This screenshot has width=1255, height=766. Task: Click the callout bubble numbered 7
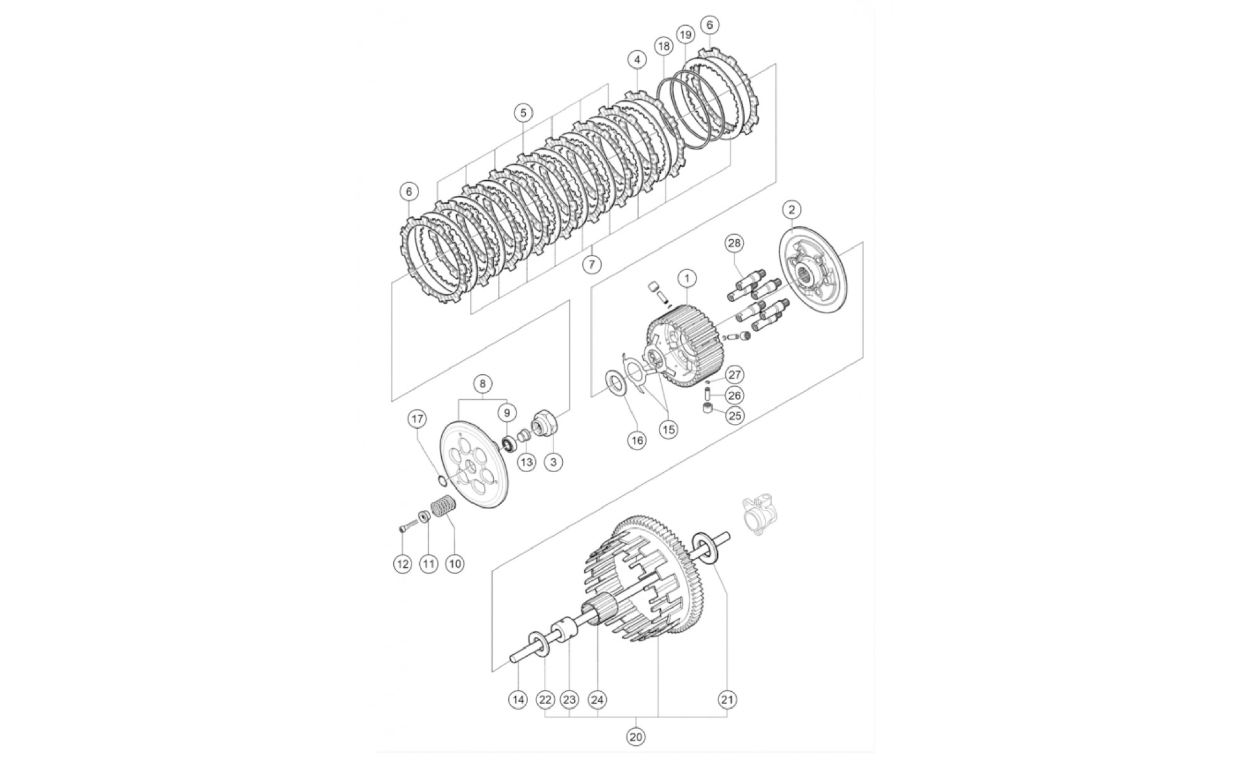[591, 264]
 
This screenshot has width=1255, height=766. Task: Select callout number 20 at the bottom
[636, 736]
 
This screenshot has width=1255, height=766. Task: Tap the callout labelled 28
[734, 243]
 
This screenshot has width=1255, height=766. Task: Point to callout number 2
[792, 209]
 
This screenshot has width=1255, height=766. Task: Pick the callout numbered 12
[402, 564]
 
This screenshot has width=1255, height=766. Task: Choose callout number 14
[518, 699]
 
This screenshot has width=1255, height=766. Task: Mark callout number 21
[728, 699]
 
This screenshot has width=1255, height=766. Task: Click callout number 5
[523, 113]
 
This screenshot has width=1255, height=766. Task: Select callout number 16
[637, 440]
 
